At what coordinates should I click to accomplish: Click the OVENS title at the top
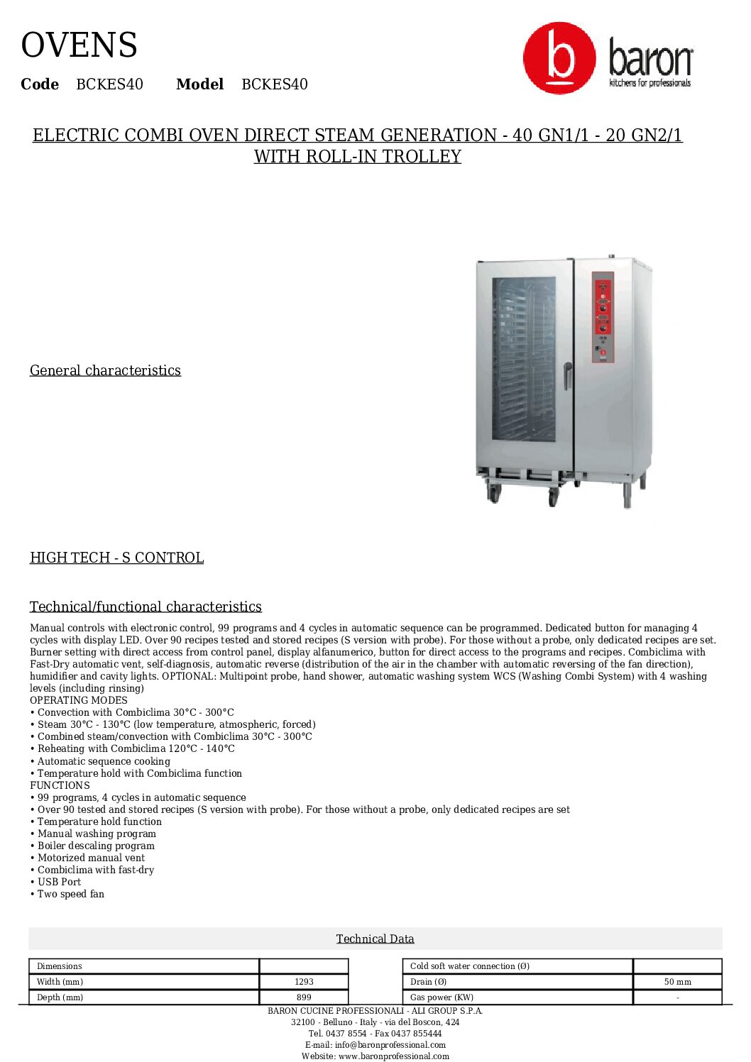(79, 45)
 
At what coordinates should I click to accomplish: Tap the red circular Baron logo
(559, 58)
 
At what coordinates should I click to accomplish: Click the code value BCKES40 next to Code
(109, 84)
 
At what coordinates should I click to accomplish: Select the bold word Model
(199, 84)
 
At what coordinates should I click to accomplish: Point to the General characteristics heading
(105, 370)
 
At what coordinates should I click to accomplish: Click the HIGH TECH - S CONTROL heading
(116, 558)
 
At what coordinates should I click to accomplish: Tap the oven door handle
(567, 375)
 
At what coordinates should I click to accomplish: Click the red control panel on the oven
(603, 317)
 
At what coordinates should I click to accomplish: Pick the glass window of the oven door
(524, 358)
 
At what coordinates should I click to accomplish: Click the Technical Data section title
(375, 939)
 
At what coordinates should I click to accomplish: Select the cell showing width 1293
(304, 982)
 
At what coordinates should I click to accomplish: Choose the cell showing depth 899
(304, 997)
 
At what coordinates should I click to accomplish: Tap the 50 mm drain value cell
(677, 982)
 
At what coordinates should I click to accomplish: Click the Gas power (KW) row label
(442, 997)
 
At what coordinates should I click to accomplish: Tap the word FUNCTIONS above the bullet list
(60, 785)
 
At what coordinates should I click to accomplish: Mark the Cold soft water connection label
(470, 966)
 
